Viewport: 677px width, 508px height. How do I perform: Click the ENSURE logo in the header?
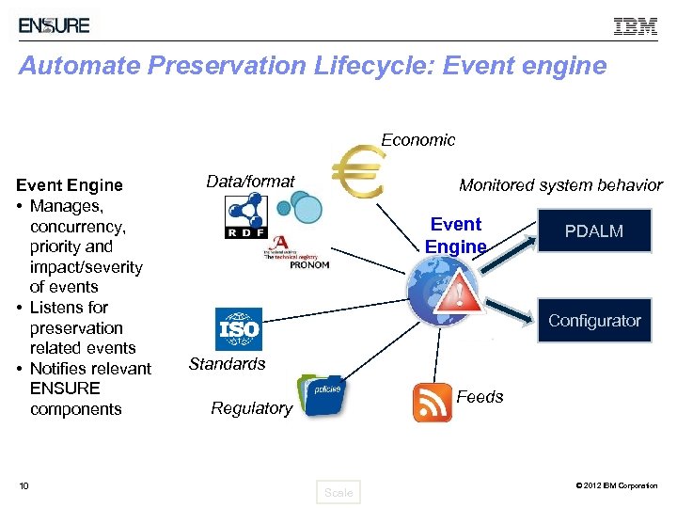click(55, 25)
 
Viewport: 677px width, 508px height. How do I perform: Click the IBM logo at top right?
click(636, 26)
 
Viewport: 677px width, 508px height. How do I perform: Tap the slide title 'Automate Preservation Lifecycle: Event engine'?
click(312, 67)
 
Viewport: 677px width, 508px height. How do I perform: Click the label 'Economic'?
click(417, 140)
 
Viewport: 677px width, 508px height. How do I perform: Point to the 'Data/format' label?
click(250, 182)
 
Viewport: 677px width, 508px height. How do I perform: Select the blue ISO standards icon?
click(239, 329)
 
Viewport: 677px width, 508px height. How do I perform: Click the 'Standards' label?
click(228, 364)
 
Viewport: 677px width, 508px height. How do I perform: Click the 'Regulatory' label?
click(251, 408)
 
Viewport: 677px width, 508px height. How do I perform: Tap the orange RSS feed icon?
click(433, 403)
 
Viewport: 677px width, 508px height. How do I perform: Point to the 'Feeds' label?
click(480, 397)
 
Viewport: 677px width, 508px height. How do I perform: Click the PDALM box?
click(594, 231)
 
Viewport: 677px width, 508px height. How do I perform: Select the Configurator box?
click(594, 321)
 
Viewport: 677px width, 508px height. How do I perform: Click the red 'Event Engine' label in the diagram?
click(456, 235)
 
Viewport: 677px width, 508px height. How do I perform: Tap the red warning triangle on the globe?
click(460, 295)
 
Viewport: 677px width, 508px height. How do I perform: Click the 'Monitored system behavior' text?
click(560, 185)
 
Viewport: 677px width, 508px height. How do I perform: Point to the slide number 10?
click(24, 485)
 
